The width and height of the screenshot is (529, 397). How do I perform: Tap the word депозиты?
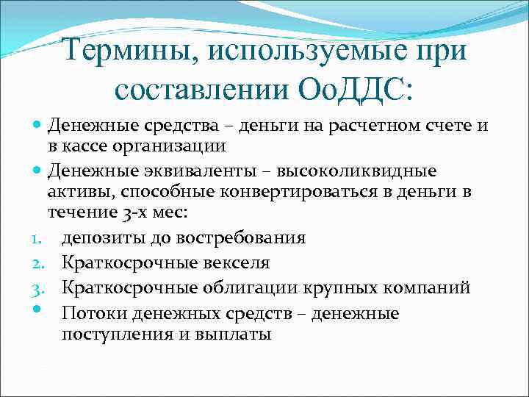pos(100,238)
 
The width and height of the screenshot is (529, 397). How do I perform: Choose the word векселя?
pos(229,262)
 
